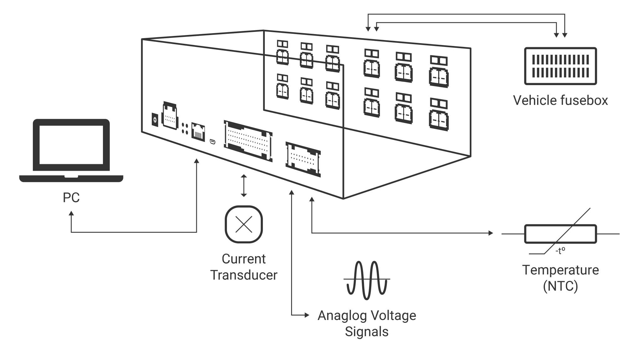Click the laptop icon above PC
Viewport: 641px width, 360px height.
tap(71, 150)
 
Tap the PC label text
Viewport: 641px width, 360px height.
tap(71, 198)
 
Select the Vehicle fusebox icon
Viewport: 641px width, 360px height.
tap(560, 66)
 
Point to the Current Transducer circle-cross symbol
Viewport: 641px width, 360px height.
tap(244, 224)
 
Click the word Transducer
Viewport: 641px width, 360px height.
tap(244, 275)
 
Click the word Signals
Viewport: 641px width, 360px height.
tap(367, 332)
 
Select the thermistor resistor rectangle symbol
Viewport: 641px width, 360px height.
tap(560, 233)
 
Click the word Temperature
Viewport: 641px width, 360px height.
tap(560, 270)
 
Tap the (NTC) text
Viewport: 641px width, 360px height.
tap(560, 286)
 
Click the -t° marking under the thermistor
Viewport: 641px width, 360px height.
tap(560, 251)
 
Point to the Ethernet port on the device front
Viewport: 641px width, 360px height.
tap(197, 131)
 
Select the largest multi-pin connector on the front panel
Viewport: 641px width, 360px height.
tap(248, 141)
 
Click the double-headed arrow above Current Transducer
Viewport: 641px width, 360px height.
tap(244, 186)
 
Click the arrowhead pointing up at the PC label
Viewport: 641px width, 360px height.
tap(71, 213)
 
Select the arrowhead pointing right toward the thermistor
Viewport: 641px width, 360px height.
tap(490, 233)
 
